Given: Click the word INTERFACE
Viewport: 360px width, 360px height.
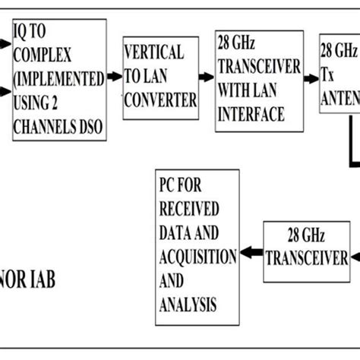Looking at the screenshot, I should click(x=251, y=115).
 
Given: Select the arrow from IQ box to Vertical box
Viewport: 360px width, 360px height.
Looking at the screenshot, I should click(x=114, y=76).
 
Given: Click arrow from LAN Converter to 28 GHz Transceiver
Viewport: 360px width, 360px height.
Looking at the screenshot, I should click(x=206, y=77).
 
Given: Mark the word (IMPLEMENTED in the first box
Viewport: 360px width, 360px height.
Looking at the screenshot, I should click(x=56, y=78).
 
